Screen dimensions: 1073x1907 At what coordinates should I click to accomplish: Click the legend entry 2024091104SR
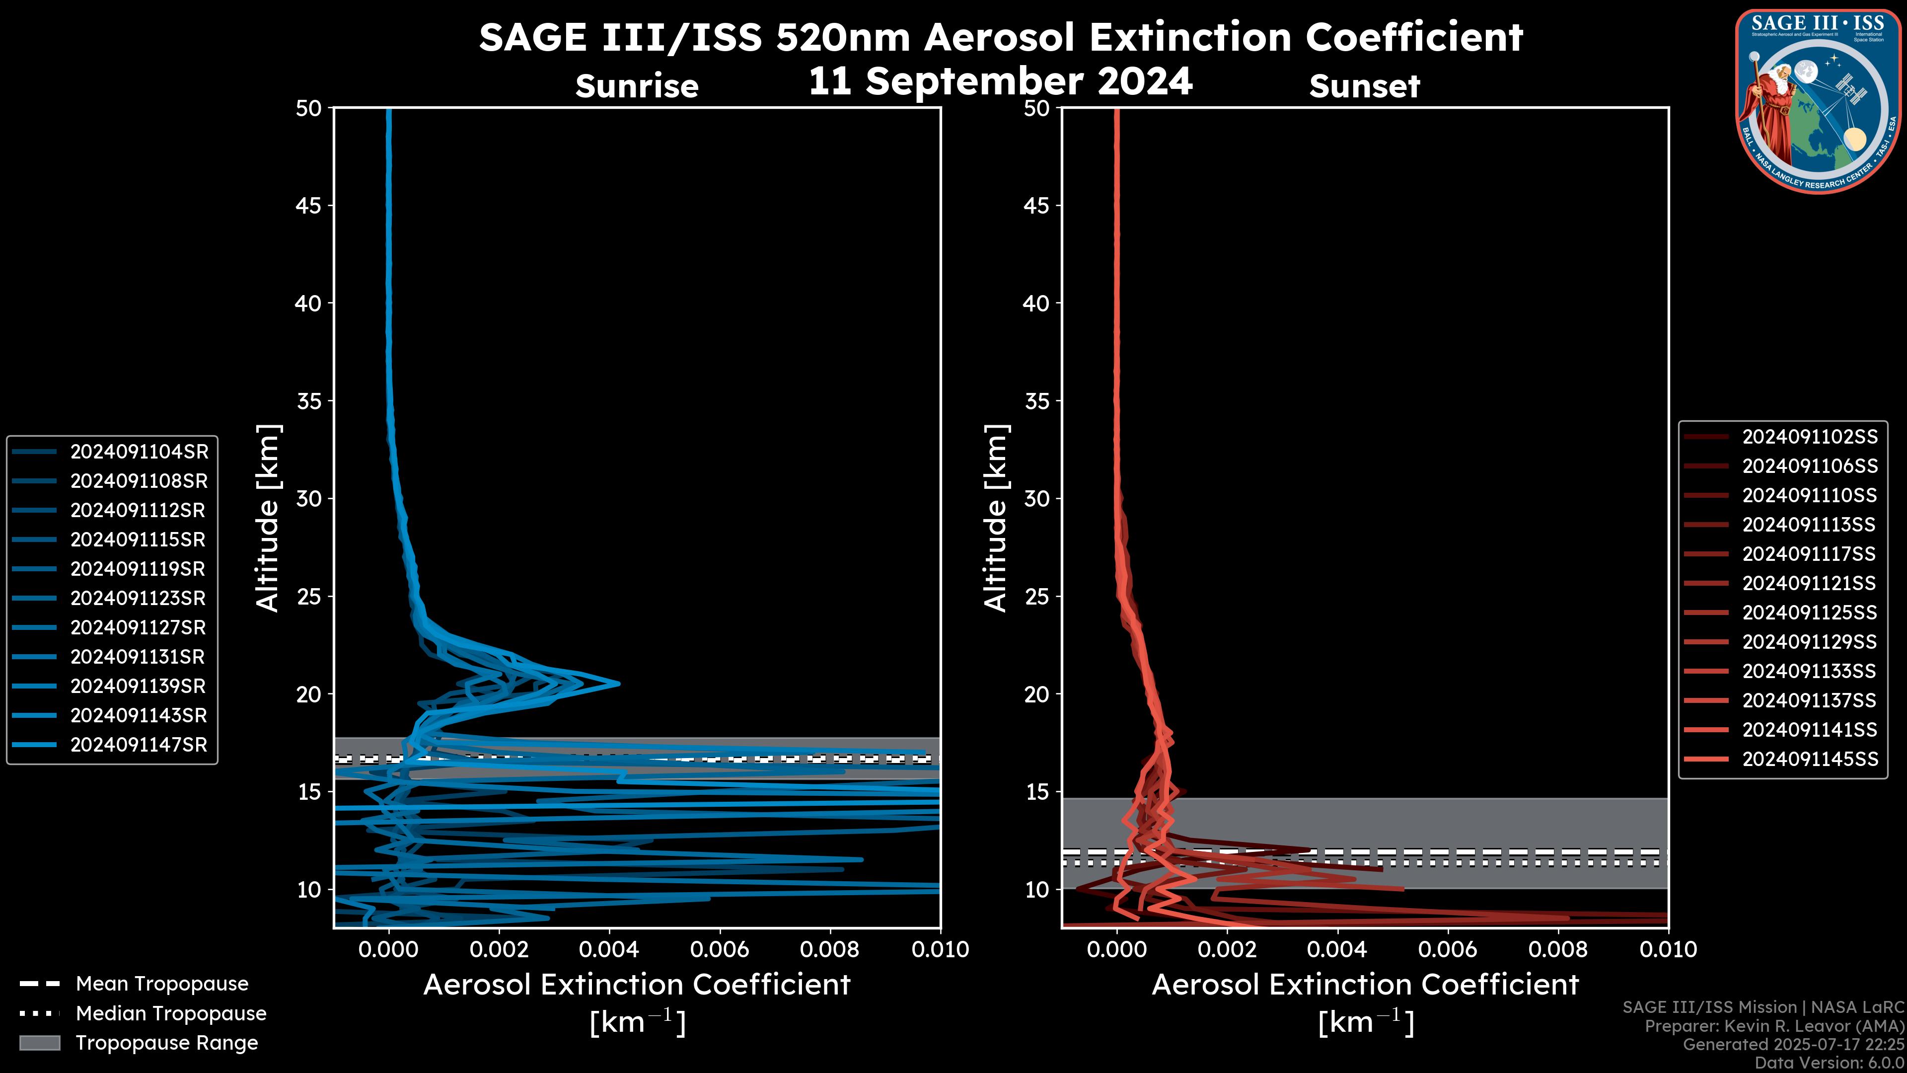click(139, 452)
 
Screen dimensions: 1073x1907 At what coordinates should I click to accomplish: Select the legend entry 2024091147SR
click(139, 745)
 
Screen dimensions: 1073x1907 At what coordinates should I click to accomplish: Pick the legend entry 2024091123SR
click(139, 598)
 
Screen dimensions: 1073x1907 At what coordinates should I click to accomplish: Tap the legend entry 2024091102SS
click(1809, 437)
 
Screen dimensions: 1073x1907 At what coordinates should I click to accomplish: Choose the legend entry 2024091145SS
click(1809, 759)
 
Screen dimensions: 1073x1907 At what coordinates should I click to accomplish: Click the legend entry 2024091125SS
click(1809, 613)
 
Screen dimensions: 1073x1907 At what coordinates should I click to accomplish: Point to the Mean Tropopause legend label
click(162, 984)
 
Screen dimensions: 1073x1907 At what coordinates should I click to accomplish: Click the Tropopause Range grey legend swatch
click(39, 1043)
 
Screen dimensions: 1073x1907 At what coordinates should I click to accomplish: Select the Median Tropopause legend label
click(171, 1013)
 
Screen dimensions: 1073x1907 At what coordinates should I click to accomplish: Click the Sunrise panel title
click(637, 86)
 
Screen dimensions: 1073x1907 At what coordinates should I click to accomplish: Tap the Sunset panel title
click(1364, 86)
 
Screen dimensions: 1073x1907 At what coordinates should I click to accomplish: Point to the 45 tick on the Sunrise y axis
click(309, 206)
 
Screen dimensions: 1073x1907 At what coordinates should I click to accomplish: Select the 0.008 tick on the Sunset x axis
click(1558, 949)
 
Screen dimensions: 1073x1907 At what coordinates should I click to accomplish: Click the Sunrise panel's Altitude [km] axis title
click(267, 518)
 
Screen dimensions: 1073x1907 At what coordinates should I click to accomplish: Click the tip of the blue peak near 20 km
click(618, 683)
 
